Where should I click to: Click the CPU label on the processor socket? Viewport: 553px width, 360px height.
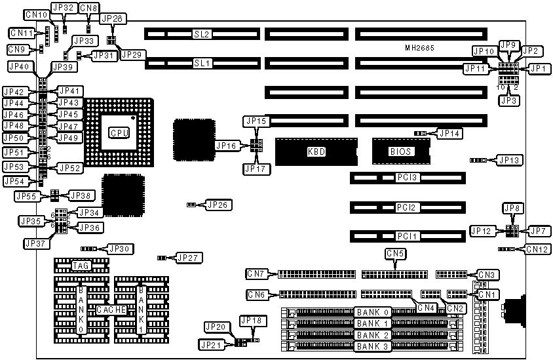[x=119, y=133]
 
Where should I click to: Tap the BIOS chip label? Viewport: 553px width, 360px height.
[x=400, y=151]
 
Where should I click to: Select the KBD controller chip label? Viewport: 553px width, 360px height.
[x=316, y=151]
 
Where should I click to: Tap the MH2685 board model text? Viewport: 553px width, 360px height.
[x=419, y=49]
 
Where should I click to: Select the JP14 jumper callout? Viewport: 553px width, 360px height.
[x=449, y=134]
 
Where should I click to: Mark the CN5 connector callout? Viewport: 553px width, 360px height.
[x=395, y=252]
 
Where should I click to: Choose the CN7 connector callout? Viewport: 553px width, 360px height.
[x=257, y=273]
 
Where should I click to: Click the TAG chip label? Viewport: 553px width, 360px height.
[x=81, y=266]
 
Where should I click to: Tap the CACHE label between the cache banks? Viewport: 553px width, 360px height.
[x=109, y=310]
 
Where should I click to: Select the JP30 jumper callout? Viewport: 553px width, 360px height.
[x=119, y=249]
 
